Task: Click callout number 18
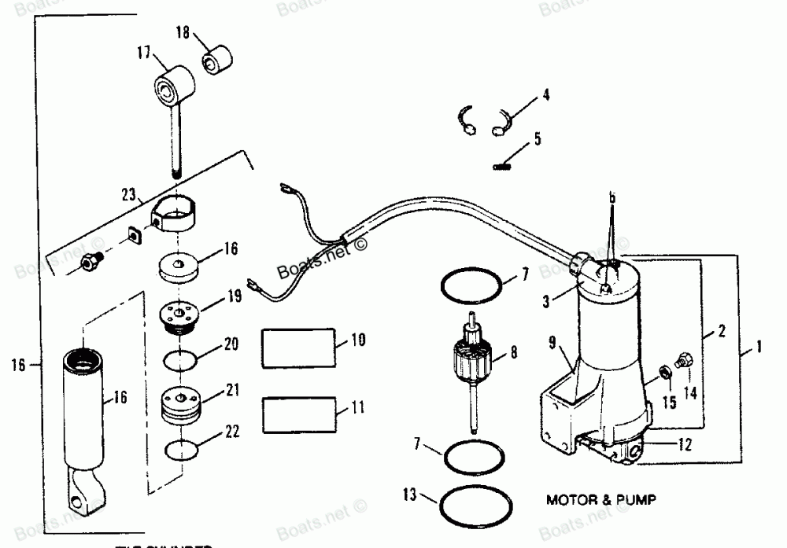182,33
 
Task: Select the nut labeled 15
664,370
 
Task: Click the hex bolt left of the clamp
92,263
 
